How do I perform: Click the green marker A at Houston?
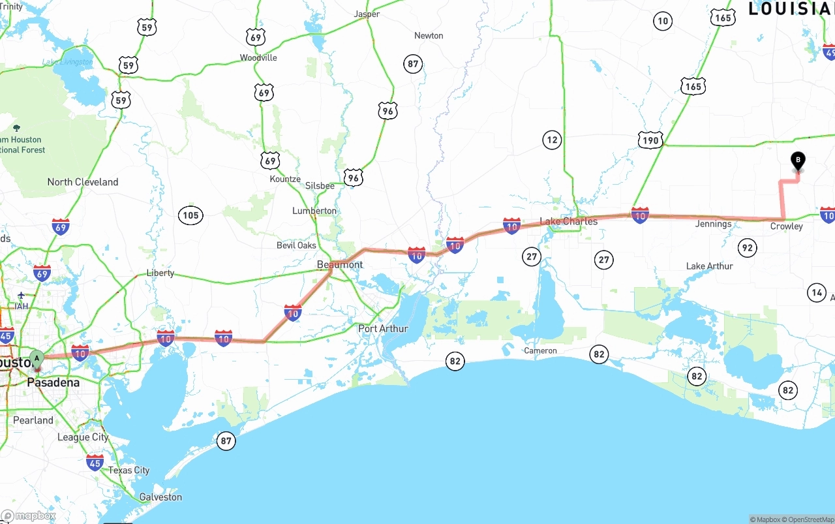click(37, 359)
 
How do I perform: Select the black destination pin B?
click(797, 161)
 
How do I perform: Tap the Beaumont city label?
click(339, 264)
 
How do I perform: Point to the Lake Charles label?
click(568, 221)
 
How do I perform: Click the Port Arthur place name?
click(383, 328)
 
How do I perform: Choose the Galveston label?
click(160, 497)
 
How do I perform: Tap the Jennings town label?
click(713, 224)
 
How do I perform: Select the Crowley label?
click(786, 226)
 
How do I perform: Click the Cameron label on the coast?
click(540, 350)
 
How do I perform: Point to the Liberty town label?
click(160, 273)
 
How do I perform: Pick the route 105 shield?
click(190, 215)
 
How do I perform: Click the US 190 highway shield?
click(650, 140)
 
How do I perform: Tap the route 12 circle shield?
click(552, 140)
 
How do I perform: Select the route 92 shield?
click(747, 247)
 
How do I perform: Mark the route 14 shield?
click(817, 293)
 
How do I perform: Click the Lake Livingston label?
click(67, 62)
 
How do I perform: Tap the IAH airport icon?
click(22, 296)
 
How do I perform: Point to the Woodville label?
click(258, 57)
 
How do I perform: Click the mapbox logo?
click(29, 516)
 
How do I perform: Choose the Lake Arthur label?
click(709, 266)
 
